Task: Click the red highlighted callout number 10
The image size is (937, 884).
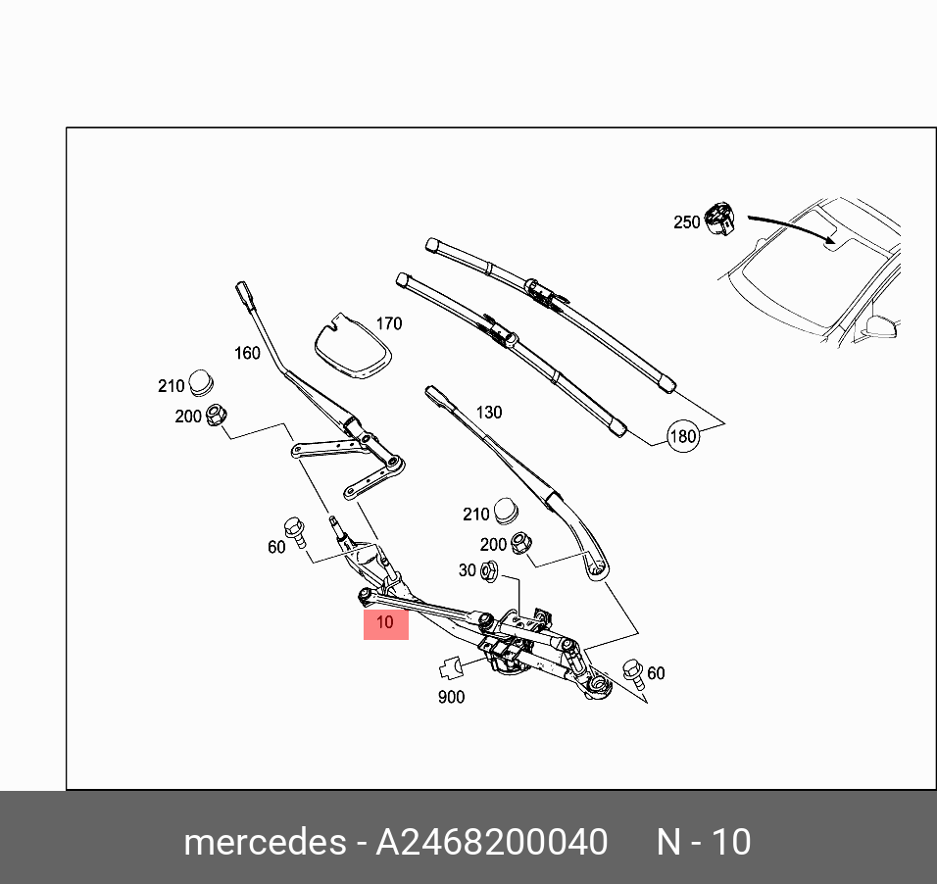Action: [385, 621]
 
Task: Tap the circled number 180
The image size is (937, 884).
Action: [683, 436]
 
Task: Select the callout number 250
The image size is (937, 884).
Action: [686, 222]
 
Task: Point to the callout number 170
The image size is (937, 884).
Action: [388, 323]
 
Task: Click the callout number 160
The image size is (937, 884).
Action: [246, 353]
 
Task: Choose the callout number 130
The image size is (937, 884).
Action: [488, 413]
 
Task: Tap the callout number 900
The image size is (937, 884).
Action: [451, 697]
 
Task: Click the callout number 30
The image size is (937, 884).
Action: [467, 569]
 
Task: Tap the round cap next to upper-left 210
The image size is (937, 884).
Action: [202, 383]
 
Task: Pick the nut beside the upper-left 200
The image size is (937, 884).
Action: [216, 417]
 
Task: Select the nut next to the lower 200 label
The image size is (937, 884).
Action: [522, 543]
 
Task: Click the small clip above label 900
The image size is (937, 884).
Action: [452, 668]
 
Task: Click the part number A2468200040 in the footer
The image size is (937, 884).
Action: [492, 842]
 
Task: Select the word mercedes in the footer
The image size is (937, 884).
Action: [264, 842]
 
